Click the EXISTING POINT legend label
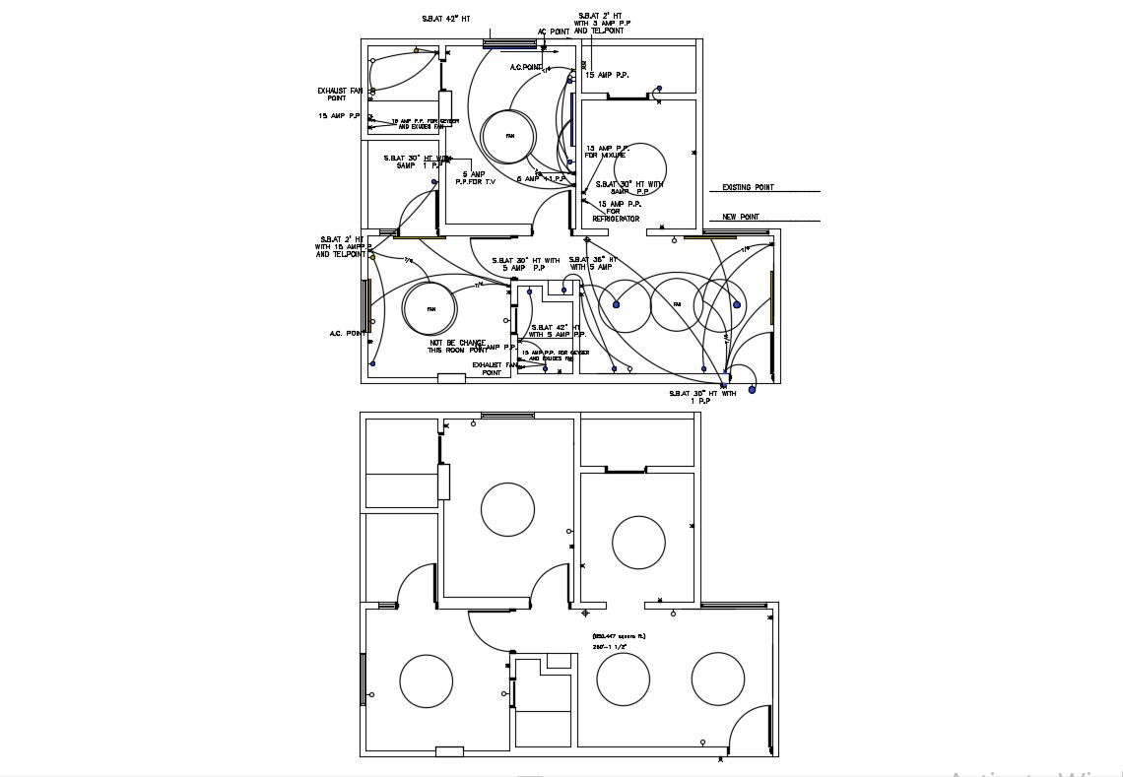[x=748, y=187]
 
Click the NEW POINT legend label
[x=742, y=217]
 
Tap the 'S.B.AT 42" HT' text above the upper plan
[x=447, y=19]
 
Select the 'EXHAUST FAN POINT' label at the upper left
[x=340, y=95]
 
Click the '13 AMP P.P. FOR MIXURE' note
[x=607, y=152]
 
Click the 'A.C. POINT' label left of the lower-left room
[x=348, y=334]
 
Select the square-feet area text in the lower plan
[x=619, y=636]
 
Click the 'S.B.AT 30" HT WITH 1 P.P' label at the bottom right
[x=702, y=397]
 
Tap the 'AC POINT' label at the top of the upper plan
[x=554, y=32]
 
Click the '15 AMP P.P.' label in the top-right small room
[x=607, y=75]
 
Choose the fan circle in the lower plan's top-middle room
[x=507, y=509]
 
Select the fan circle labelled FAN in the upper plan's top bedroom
[x=509, y=136]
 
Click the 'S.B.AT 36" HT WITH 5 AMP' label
[x=591, y=263]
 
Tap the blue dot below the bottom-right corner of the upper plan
[x=752, y=389]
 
